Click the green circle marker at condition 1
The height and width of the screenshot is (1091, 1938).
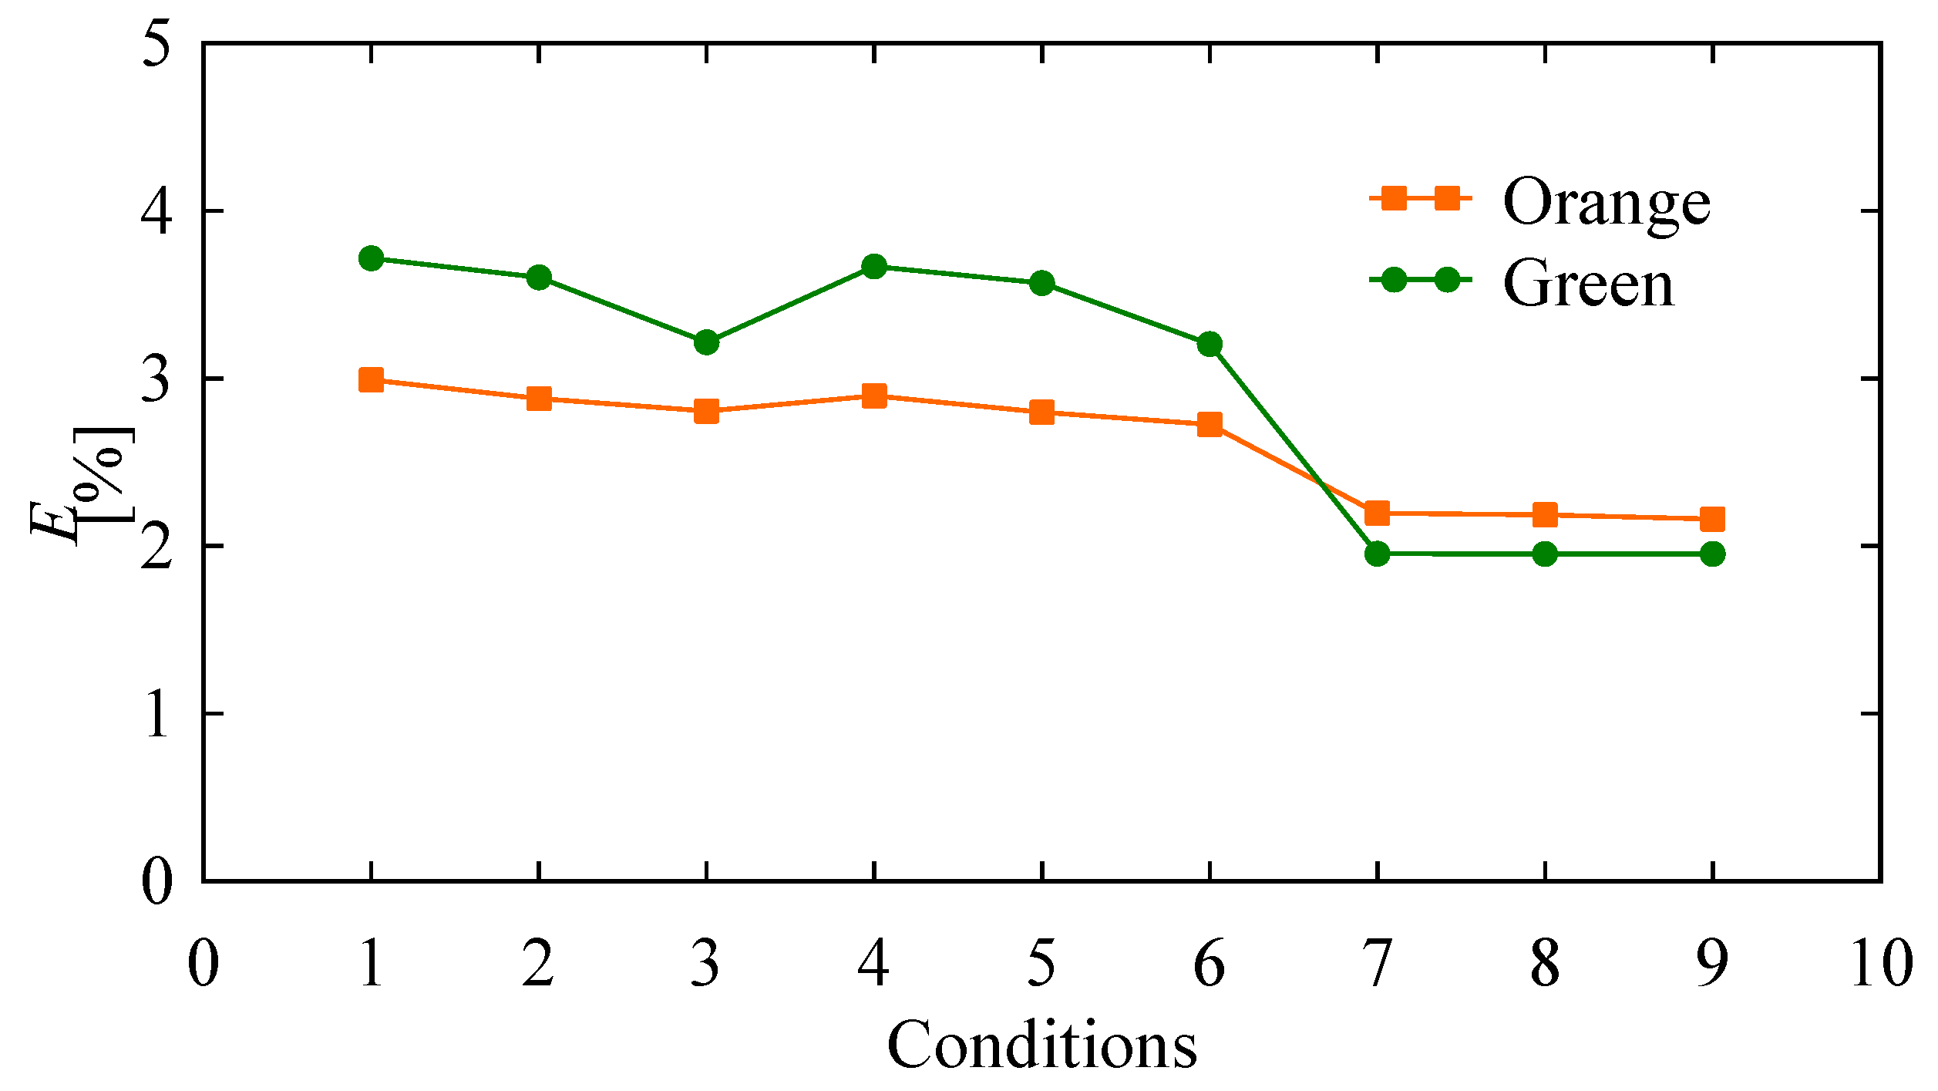[x=371, y=258]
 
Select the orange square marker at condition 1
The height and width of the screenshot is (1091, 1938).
[x=371, y=380]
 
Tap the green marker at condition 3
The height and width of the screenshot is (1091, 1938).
[x=706, y=342]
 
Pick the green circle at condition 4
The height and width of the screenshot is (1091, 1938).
[x=873, y=267]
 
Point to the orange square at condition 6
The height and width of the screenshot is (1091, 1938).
[x=1210, y=424]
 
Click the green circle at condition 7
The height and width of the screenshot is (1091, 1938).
[x=1377, y=554]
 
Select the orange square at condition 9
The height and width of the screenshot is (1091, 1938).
[x=1712, y=519]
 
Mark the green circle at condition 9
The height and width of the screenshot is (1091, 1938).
[x=1712, y=554]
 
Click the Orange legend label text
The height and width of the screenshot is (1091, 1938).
[x=1607, y=202]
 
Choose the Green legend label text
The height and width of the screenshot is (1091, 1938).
[x=1588, y=284]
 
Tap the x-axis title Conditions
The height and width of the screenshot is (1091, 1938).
[x=1041, y=1046]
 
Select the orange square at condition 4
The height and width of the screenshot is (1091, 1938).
[x=873, y=397]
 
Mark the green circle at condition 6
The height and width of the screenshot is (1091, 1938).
[x=1210, y=344]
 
